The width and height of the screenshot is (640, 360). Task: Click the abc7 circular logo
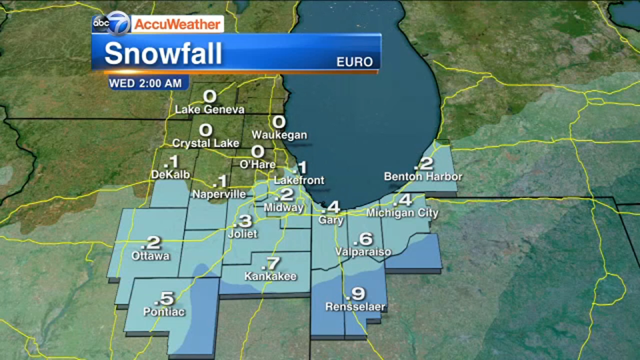(x=111, y=23)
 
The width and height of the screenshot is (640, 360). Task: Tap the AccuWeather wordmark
(x=177, y=24)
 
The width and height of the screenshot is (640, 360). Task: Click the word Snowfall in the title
(x=163, y=53)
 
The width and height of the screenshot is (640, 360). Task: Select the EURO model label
(x=354, y=62)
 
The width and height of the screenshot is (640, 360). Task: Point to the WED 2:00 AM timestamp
(x=145, y=83)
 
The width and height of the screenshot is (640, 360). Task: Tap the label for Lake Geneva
(x=210, y=109)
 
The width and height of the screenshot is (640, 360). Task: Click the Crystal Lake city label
(x=206, y=143)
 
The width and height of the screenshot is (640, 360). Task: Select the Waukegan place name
(x=279, y=135)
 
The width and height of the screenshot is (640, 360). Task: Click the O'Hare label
(x=257, y=164)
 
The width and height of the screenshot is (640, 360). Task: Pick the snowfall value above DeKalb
(x=172, y=162)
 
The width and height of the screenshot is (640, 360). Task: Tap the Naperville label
(x=219, y=194)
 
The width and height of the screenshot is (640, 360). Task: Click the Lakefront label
(x=299, y=180)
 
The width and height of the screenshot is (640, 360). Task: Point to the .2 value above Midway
(x=284, y=194)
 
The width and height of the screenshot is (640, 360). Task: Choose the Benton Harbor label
(x=423, y=176)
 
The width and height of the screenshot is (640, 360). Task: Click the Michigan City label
(x=402, y=213)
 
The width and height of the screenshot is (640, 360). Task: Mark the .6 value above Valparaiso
(x=363, y=239)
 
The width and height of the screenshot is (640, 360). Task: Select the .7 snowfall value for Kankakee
(x=271, y=264)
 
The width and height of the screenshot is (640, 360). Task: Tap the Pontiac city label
(x=164, y=312)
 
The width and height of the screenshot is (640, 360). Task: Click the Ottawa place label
(x=150, y=256)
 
